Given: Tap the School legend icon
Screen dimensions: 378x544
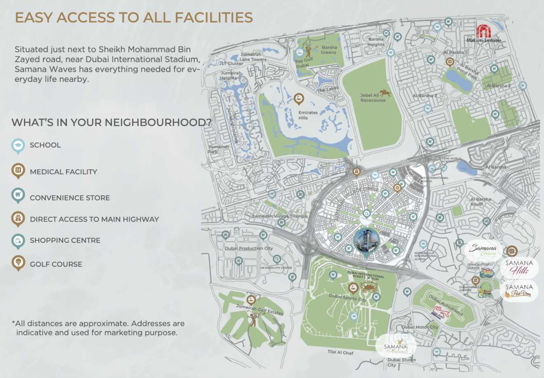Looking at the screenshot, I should pyautogui.click(x=18, y=146).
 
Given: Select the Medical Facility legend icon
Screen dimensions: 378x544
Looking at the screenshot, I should pyautogui.click(x=18, y=170).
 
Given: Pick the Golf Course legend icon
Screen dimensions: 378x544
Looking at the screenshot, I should pyautogui.click(x=18, y=262).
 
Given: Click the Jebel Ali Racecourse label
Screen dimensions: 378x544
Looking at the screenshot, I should pyautogui.click(x=372, y=98).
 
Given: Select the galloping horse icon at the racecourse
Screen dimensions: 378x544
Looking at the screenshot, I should pyautogui.click(x=385, y=94).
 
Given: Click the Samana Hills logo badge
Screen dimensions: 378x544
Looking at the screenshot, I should pyautogui.click(x=519, y=267).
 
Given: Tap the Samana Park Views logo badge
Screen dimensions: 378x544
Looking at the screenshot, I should pyautogui.click(x=519, y=290).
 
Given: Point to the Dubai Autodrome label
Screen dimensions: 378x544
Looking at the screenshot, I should pyautogui.click(x=445, y=305).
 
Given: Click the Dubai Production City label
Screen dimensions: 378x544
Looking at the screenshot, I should pyautogui.click(x=248, y=248).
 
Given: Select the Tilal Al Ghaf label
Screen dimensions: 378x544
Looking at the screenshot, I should pyautogui.click(x=340, y=352).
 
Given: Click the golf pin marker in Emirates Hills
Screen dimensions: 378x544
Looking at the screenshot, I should pyautogui.click(x=299, y=98).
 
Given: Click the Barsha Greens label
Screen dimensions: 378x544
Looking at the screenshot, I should pyautogui.click(x=329, y=50).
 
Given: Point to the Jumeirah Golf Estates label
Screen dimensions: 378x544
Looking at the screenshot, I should pyautogui.click(x=259, y=309).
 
